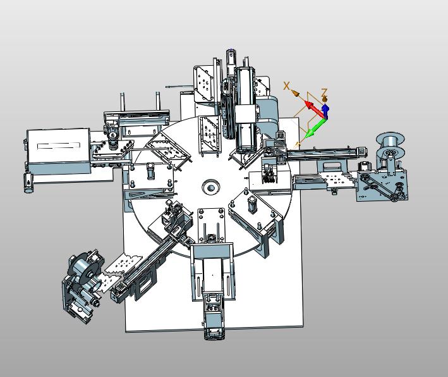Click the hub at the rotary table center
(211, 188)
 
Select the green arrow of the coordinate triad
(315, 127)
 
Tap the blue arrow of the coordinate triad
(325, 111)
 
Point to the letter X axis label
(287, 85)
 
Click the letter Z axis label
(324, 92)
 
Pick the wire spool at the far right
(390, 144)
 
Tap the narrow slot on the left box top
(59, 146)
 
